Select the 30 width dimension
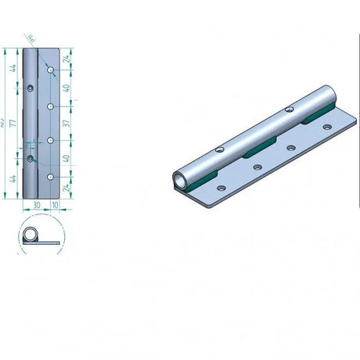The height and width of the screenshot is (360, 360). coord(36,207)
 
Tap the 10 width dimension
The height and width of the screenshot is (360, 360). coord(55,207)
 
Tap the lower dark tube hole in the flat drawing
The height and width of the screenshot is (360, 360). coord(31,159)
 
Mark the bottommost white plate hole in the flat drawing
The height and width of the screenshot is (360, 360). coord(49,178)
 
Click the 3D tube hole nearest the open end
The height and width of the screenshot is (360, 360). coord(221,148)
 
